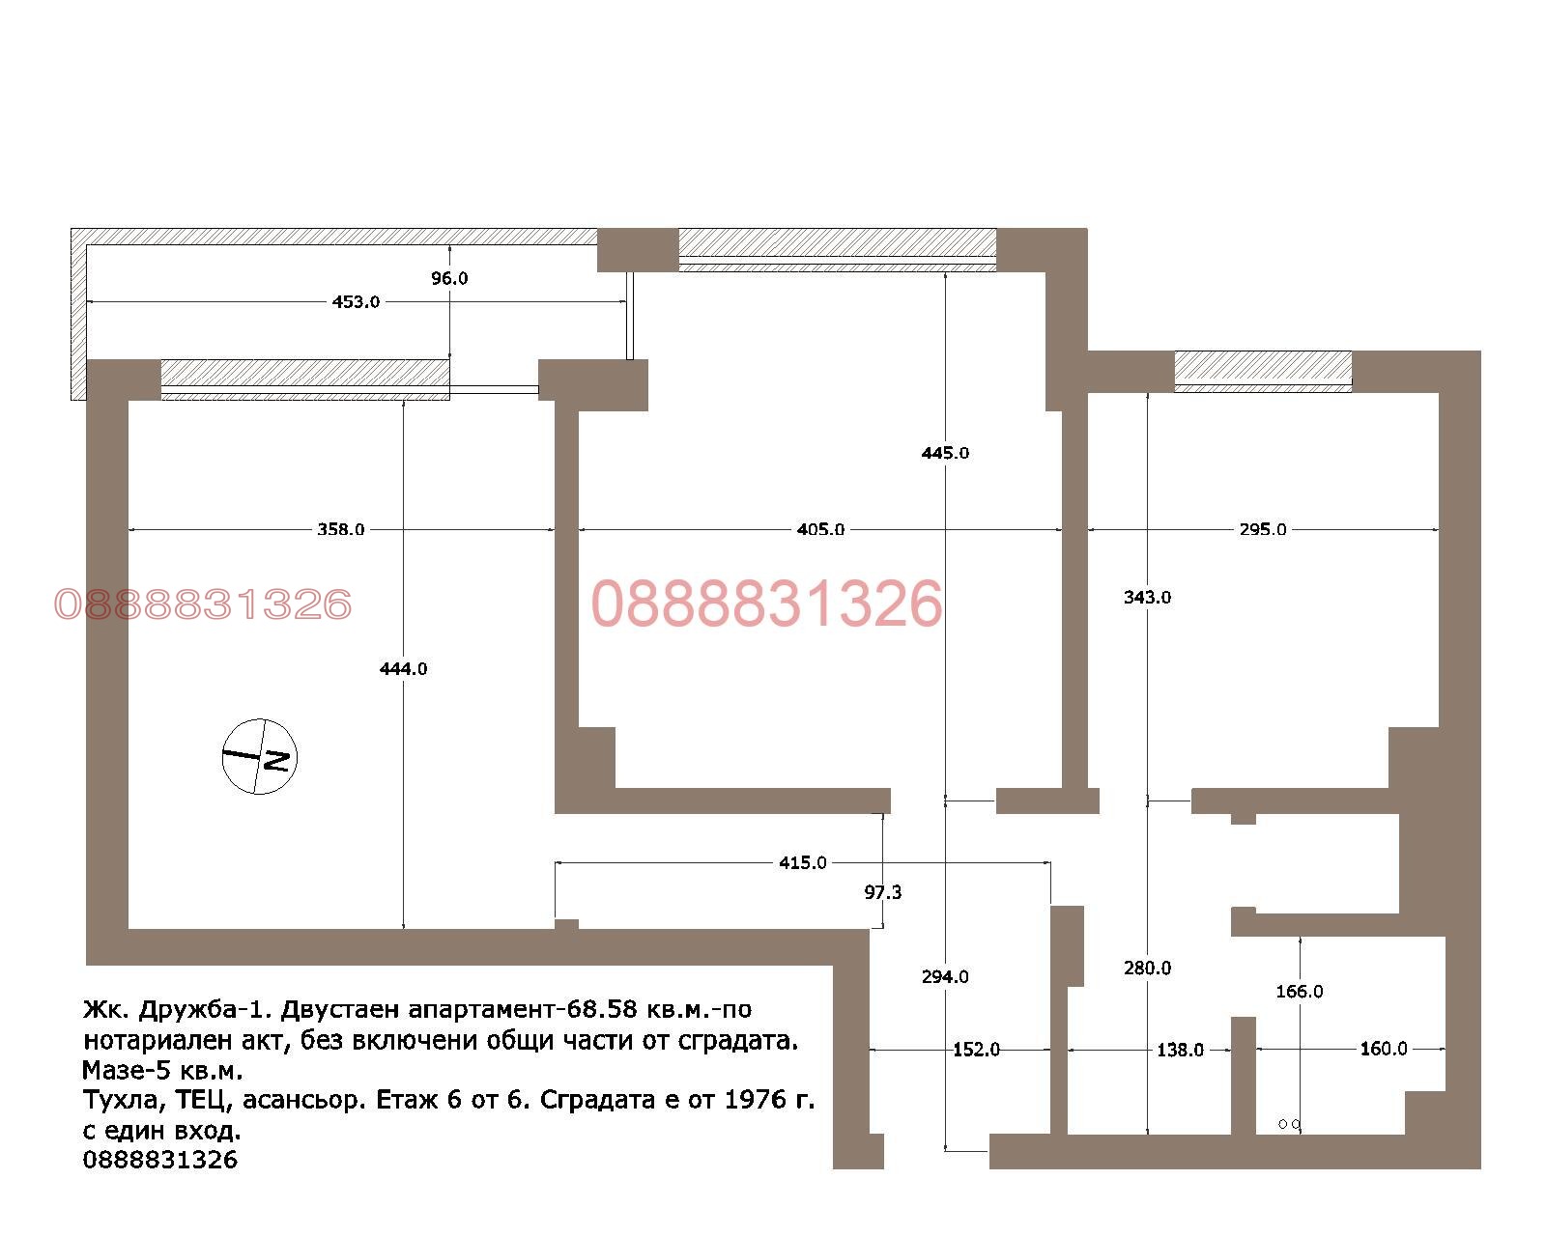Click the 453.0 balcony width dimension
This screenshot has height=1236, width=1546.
(356, 301)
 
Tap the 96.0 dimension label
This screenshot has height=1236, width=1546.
(449, 278)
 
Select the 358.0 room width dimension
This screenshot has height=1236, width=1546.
(340, 529)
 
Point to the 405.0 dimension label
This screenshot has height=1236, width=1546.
(820, 529)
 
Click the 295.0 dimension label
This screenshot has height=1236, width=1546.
(1262, 529)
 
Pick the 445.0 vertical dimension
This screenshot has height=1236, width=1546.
(945, 453)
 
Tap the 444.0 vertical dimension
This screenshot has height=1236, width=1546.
(403, 668)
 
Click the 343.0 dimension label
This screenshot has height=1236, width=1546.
(1147, 597)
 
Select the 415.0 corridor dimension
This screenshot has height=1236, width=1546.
(802, 862)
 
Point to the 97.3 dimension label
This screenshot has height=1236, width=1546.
(882, 892)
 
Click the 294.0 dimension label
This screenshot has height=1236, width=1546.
(945, 976)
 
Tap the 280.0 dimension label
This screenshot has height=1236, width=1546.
(1147, 968)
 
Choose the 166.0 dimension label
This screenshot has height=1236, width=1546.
(1299, 991)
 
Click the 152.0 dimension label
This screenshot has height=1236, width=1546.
(976, 1050)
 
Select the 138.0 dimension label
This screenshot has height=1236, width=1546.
(1180, 1050)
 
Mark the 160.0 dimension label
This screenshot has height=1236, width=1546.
(1383, 1049)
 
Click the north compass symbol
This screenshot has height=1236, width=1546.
(259, 756)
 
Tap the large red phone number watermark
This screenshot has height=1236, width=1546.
(766, 604)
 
